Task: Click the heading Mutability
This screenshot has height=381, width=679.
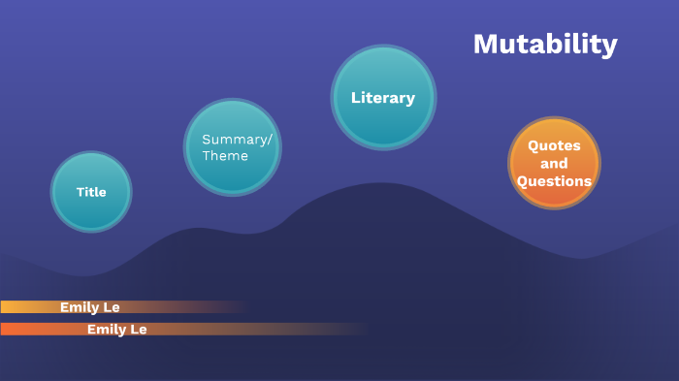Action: tap(545, 45)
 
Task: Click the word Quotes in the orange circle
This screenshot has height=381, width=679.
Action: tap(554, 145)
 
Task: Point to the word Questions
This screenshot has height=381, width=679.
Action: tap(554, 181)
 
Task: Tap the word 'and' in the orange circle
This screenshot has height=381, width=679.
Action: tap(554, 164)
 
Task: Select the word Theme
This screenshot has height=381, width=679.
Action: tap(225, 156)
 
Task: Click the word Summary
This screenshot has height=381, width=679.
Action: tap(234, 140)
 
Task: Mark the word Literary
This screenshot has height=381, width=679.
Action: tap(383, 98)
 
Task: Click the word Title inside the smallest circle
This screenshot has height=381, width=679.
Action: tap(91, 192)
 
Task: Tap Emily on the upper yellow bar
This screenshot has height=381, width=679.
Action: tap(80, 307)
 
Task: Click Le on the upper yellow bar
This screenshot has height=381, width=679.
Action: tap(112, 307)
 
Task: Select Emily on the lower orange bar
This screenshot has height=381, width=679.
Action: tap(107, 330)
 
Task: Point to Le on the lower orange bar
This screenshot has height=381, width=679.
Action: tap(139, 330)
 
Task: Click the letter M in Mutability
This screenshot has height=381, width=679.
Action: tap(485, 45)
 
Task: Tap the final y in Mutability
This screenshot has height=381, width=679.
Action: tap(609, 47)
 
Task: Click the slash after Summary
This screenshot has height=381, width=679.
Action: tap(270, 140)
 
